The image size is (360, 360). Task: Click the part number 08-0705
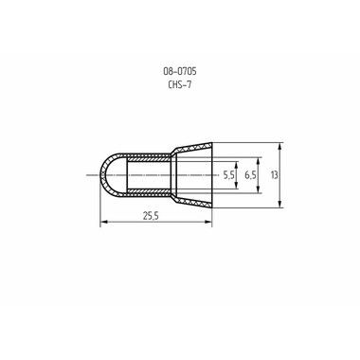(x=180, y=71)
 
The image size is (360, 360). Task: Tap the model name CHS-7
(x=180, y=84)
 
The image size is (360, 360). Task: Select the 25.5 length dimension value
(x=151, y=216)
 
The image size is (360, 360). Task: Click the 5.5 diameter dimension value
(x=228, y=175)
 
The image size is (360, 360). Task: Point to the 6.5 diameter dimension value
(x=250, y=175)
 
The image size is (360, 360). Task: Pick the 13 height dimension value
(x=274, y=175)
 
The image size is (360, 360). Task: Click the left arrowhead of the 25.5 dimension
(x=103, y=222)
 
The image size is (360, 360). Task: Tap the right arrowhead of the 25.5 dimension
(x=208, y=222)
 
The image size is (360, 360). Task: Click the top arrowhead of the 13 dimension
(x=280, y=147)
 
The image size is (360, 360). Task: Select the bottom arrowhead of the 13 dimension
(x=280, y=204)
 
